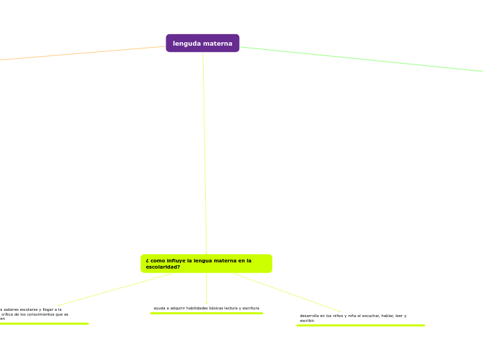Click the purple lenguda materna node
[x=202, y=43]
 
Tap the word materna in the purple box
[x=218, y=44]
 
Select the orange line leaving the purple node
[x=83, y=53]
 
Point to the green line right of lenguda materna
[x=360, y=59]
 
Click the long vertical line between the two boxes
[x=204, y=152]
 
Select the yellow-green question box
[x=206, y=263]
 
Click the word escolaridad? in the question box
[x=163, y=267]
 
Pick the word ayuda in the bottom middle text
[x=159, y=308]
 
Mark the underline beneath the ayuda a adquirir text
[x=207, y=313]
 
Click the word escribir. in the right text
[x=307, y=321]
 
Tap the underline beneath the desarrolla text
[x=360, y=325]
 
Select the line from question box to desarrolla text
[x=288, y=292]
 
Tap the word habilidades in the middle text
[x=193, y=308]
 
